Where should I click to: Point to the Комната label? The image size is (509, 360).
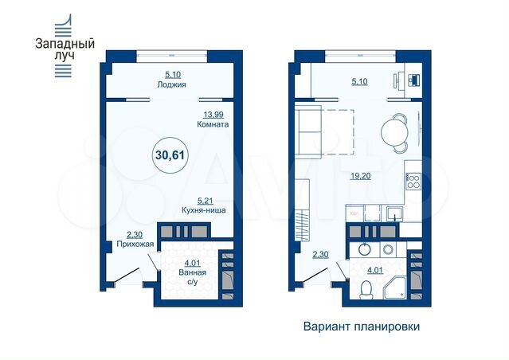(x=213, y=126)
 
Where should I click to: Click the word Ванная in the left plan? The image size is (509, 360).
(x=193, y=273)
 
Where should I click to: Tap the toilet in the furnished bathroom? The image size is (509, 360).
(x=366, y=296)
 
